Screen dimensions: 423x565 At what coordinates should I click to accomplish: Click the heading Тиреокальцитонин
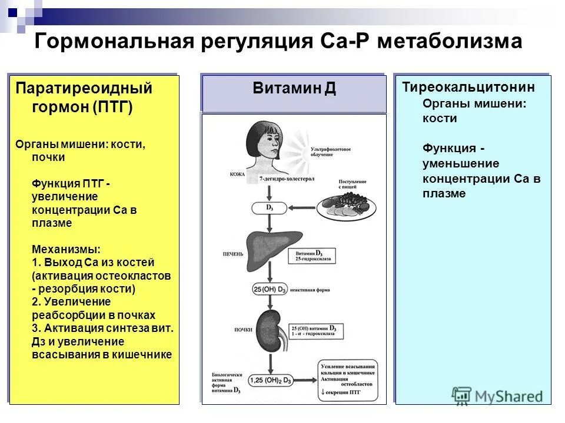[468, 88]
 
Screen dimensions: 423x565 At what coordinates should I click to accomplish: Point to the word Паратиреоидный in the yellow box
[84, 89]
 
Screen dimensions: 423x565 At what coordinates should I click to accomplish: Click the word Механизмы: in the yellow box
[66, 250]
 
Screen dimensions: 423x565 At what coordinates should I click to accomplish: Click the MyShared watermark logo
[498, 395]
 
